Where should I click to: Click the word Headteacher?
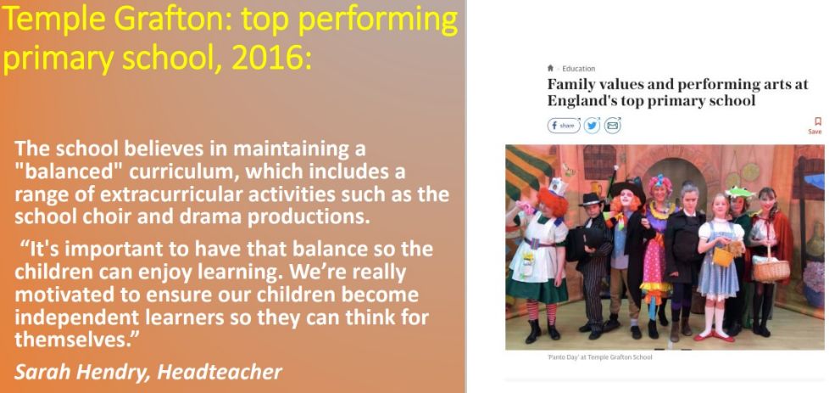220,372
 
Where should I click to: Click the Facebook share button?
564,126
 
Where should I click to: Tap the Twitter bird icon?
593,126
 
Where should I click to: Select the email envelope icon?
612,126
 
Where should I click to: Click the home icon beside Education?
550,68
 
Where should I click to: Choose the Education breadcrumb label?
578,68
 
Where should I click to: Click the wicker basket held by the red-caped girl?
771,270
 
